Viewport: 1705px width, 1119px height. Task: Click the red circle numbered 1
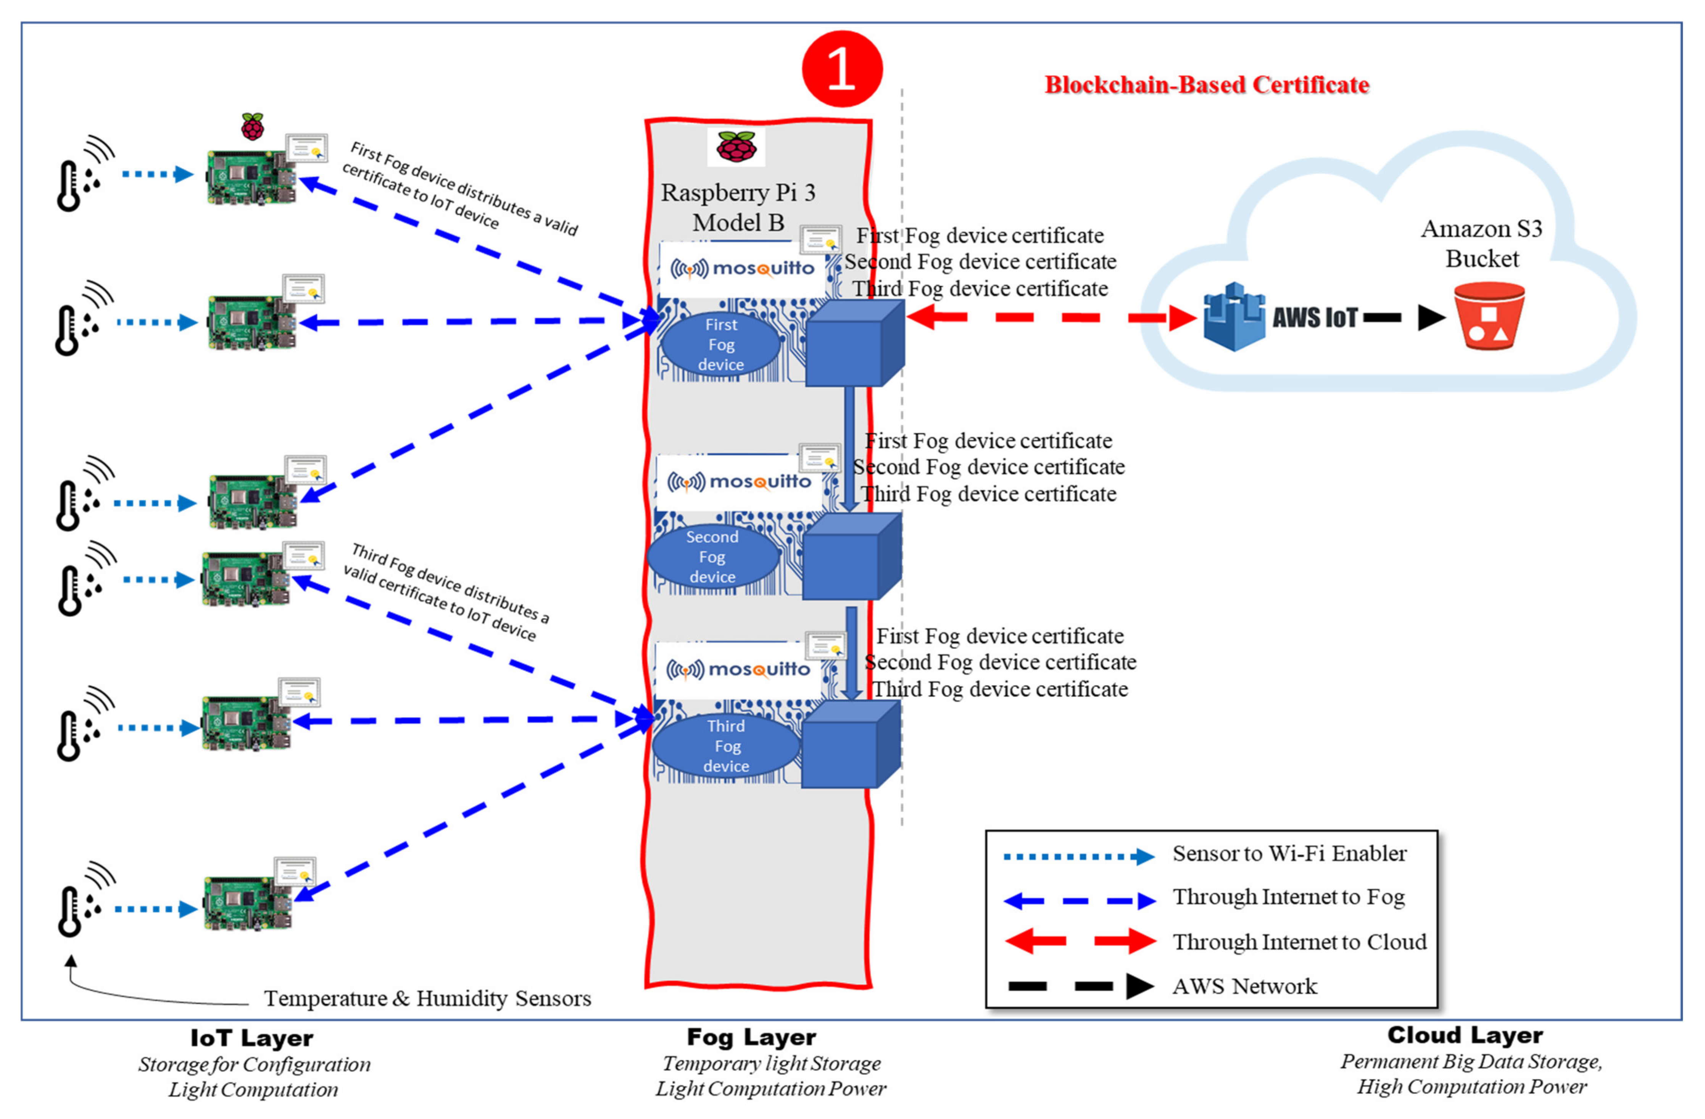tap(842, 69)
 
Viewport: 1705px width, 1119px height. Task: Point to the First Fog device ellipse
tap(721, 345)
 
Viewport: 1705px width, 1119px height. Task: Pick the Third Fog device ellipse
tap(726, 746)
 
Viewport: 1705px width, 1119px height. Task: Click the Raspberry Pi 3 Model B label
tap(738, 207)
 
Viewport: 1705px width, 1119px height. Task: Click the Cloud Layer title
tap(1465, 1035)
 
